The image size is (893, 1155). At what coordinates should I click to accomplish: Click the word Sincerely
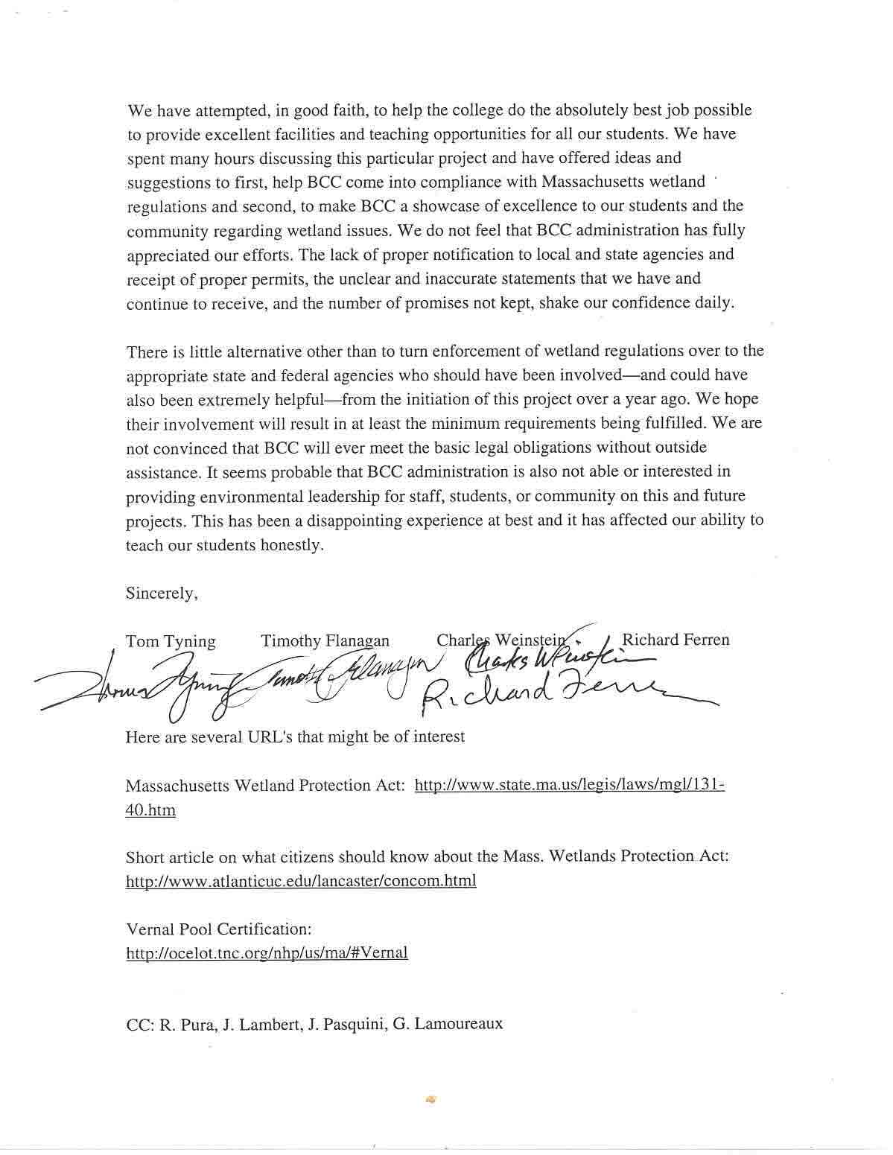(x=162, y=594)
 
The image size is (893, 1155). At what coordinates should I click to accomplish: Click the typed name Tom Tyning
(x=171, y=641)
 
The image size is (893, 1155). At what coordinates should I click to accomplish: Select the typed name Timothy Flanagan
(x=325, y=640)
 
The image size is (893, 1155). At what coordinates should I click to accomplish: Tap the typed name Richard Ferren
(x=676, y=640)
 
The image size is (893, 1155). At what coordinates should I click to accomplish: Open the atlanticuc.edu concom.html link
(x=301, y=881)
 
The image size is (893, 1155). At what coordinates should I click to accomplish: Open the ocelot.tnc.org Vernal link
(x=267, y=953)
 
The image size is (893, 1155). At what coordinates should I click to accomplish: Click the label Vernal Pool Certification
(x=218, y=929)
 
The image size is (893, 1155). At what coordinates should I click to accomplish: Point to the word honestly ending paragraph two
(x=292, y=545)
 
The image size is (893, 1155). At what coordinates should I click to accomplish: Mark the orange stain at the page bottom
(x=430, y=1098)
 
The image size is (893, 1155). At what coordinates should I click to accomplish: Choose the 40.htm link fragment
(x=150, y=810)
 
